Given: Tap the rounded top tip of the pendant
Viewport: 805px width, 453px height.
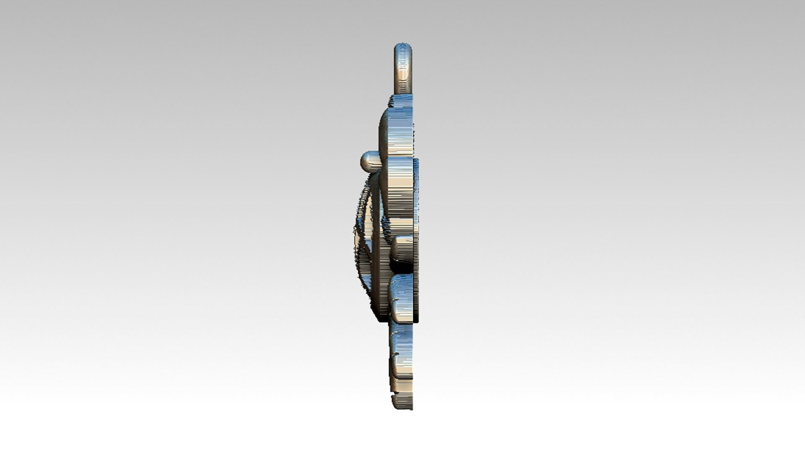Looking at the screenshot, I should [403, 45].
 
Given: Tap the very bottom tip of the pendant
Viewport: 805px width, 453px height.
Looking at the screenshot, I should [403, 408].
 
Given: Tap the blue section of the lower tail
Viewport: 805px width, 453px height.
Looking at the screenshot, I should [402, 340].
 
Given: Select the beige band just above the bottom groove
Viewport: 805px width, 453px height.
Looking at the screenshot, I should [401, 384].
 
